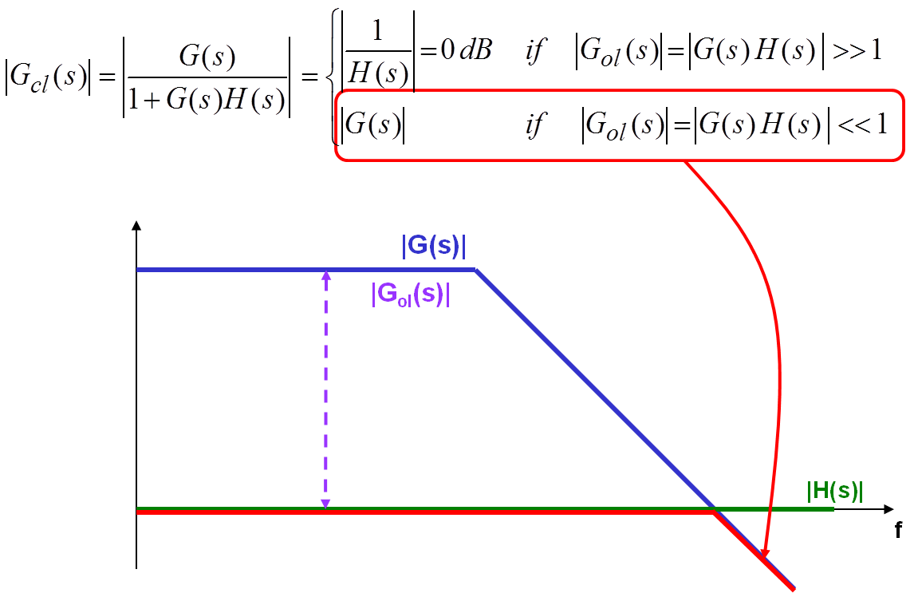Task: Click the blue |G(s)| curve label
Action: pos(433,247)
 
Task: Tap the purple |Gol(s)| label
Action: pos(410,295)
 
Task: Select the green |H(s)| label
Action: pos(835,492)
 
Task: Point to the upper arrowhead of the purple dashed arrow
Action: pos(325,276)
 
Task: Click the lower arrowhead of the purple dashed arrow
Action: pos(325,503)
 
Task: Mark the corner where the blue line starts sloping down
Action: pos(476,270)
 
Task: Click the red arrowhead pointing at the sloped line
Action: pos(764,555)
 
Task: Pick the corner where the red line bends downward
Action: pos(712,512)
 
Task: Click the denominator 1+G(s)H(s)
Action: pos(207,101)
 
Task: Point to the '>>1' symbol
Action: pos(856,51)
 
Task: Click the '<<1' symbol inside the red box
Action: pos(860,125)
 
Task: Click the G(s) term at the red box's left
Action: pos(372,125)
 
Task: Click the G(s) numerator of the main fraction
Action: pos(208,57)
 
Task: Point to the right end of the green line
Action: pos(833,508)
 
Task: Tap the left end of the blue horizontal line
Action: pos(138,270)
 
